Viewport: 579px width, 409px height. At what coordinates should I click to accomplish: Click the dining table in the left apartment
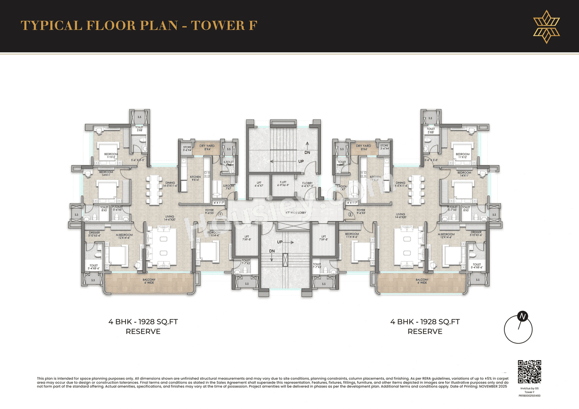tap(154, 187)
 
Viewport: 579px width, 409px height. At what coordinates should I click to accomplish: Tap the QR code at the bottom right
tap(529, 371)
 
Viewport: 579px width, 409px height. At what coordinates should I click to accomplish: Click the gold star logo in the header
tap(546, 26)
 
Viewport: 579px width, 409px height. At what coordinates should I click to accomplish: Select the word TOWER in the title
tap(218, 25)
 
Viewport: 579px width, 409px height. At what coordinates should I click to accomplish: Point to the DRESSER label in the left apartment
tap(94, 234)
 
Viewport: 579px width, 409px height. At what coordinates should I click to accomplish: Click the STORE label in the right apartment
tap(384, 147)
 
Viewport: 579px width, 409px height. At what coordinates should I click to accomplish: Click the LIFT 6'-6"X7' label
tap(259, 184)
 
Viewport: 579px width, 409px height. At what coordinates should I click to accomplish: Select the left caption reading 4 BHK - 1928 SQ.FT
tap(143, 322)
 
